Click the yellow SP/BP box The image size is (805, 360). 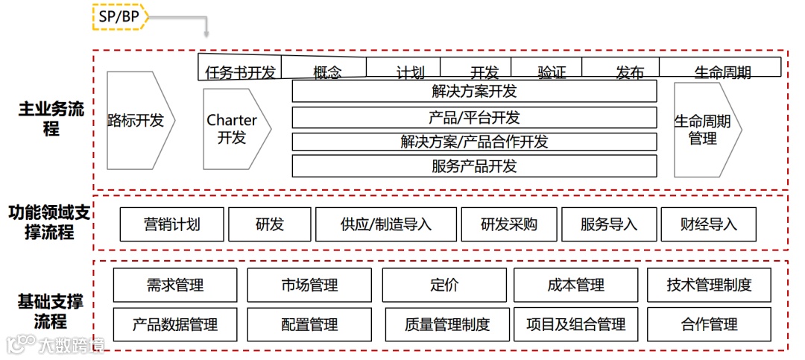pos(119,16)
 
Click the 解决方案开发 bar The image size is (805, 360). pos(474,92)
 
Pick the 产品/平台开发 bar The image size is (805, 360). pos(474,117)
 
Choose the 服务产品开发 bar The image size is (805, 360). pos(474,166)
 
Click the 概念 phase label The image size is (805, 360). pos(327,72)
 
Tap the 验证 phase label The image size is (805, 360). pos(552,72)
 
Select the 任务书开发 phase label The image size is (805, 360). pos(240,72)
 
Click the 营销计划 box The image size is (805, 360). pos(172,224)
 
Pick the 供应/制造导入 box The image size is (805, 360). pos(386,224)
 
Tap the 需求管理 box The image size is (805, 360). pos(175,285)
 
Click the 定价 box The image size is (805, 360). pos(444,285)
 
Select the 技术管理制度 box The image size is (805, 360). pos(709,285)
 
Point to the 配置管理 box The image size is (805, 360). pos(309,324)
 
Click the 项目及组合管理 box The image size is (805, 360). pos(575,324)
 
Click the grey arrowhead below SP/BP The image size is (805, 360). pos(206,34)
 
